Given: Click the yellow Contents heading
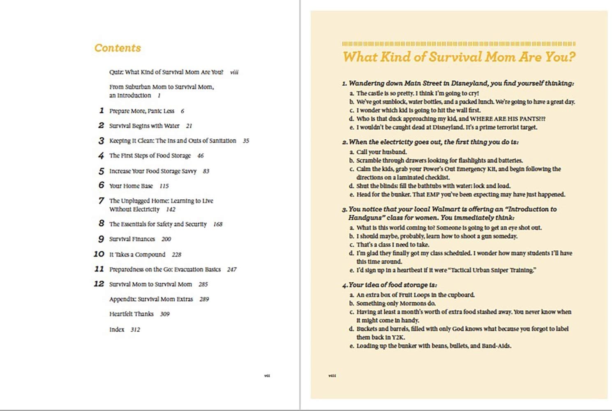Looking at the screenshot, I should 118,48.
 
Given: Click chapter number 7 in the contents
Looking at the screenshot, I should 101,201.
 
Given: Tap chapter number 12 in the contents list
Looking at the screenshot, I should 99,284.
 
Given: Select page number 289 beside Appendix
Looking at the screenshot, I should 204,299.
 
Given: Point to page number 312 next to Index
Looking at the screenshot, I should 135,330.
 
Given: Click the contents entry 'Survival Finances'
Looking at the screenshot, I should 132,239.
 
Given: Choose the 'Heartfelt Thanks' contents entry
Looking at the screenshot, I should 131,314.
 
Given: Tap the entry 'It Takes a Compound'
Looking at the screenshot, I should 137,254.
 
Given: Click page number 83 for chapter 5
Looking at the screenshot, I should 206,171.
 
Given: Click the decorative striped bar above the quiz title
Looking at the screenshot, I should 458,44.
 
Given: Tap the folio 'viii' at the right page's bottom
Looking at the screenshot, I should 332,376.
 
